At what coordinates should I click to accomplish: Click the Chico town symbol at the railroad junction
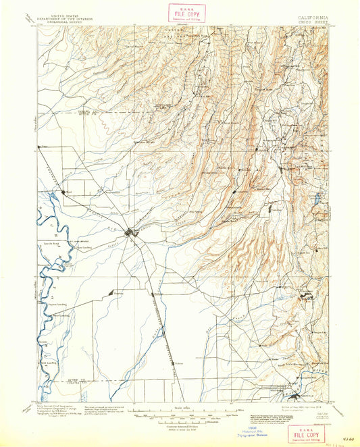[132, 233]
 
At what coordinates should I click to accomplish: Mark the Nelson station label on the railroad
[179, 362]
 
